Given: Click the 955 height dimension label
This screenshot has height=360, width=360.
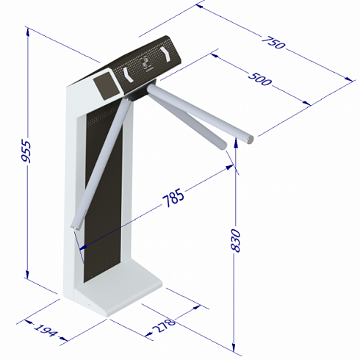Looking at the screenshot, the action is coord(26,151).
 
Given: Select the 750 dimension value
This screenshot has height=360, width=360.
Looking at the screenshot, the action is coord(273,43).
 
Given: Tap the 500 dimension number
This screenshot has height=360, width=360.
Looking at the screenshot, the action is coord(259,79).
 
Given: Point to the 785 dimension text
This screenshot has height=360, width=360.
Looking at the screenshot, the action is coord(173,198).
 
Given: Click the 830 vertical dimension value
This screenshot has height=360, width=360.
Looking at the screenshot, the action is coord(236,240).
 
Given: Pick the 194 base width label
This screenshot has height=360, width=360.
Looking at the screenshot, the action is coord(46,330).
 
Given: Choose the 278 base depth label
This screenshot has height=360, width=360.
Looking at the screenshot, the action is coord(163,325).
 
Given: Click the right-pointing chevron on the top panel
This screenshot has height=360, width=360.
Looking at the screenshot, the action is coord(165,54).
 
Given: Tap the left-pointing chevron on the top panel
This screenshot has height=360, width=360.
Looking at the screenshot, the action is coord(128,74).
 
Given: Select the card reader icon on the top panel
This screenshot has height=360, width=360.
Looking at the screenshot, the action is coord(146,64).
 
